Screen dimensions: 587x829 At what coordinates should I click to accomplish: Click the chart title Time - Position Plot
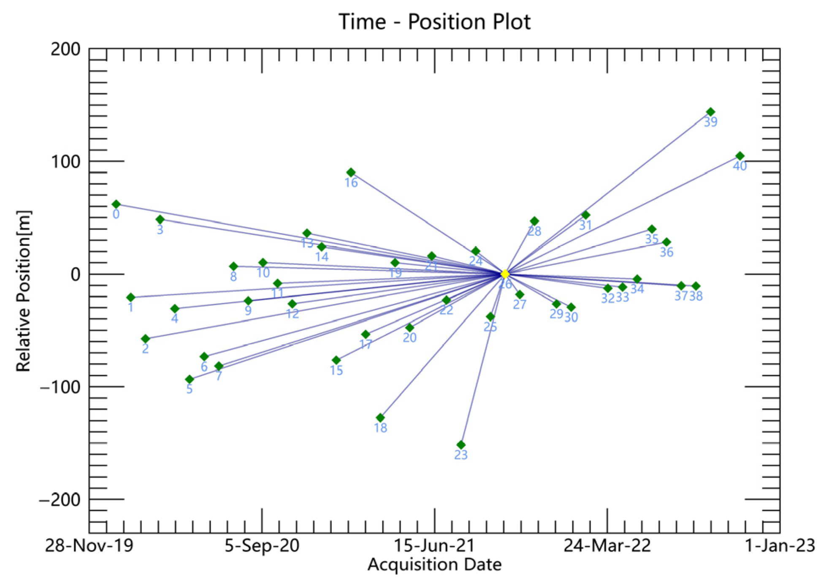coord(434,22)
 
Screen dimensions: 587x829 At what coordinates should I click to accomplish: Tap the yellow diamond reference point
coord(505,274)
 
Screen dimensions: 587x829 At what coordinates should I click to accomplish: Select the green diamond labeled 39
coord(710,112)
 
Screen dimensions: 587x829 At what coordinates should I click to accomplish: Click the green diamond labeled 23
coord(461,445)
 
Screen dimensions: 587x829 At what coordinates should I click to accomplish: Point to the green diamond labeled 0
coord(116,204)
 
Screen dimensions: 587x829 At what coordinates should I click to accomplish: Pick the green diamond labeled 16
coord(351,172)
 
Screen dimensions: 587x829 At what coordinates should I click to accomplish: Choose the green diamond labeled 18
coord(380,418)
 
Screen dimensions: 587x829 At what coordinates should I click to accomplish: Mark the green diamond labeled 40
coord(740,156)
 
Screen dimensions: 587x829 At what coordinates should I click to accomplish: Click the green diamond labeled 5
coord(190,379)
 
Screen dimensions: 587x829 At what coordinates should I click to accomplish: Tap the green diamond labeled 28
coord(534,221)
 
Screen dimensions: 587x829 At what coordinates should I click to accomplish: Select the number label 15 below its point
coord(336,370)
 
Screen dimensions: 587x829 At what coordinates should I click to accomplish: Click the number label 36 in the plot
coord(666,252)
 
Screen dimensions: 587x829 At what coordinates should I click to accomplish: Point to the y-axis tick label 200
coord(65,49)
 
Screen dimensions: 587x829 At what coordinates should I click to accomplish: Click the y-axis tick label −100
coord(60,387)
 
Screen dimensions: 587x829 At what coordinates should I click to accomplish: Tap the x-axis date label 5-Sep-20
coord(262,546)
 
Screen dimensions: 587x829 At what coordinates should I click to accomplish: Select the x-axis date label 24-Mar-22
coord(607,546)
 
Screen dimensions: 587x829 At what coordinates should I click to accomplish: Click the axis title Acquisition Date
coord(434,565)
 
